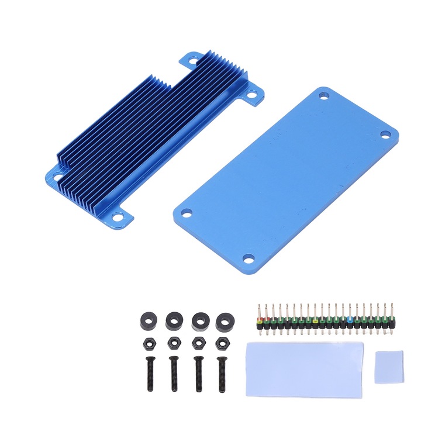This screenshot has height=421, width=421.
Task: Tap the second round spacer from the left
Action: click(173, 320)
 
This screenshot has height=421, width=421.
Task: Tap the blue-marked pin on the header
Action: click(350, 320)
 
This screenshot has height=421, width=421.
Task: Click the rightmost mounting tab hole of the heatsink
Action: click(252, 94)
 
